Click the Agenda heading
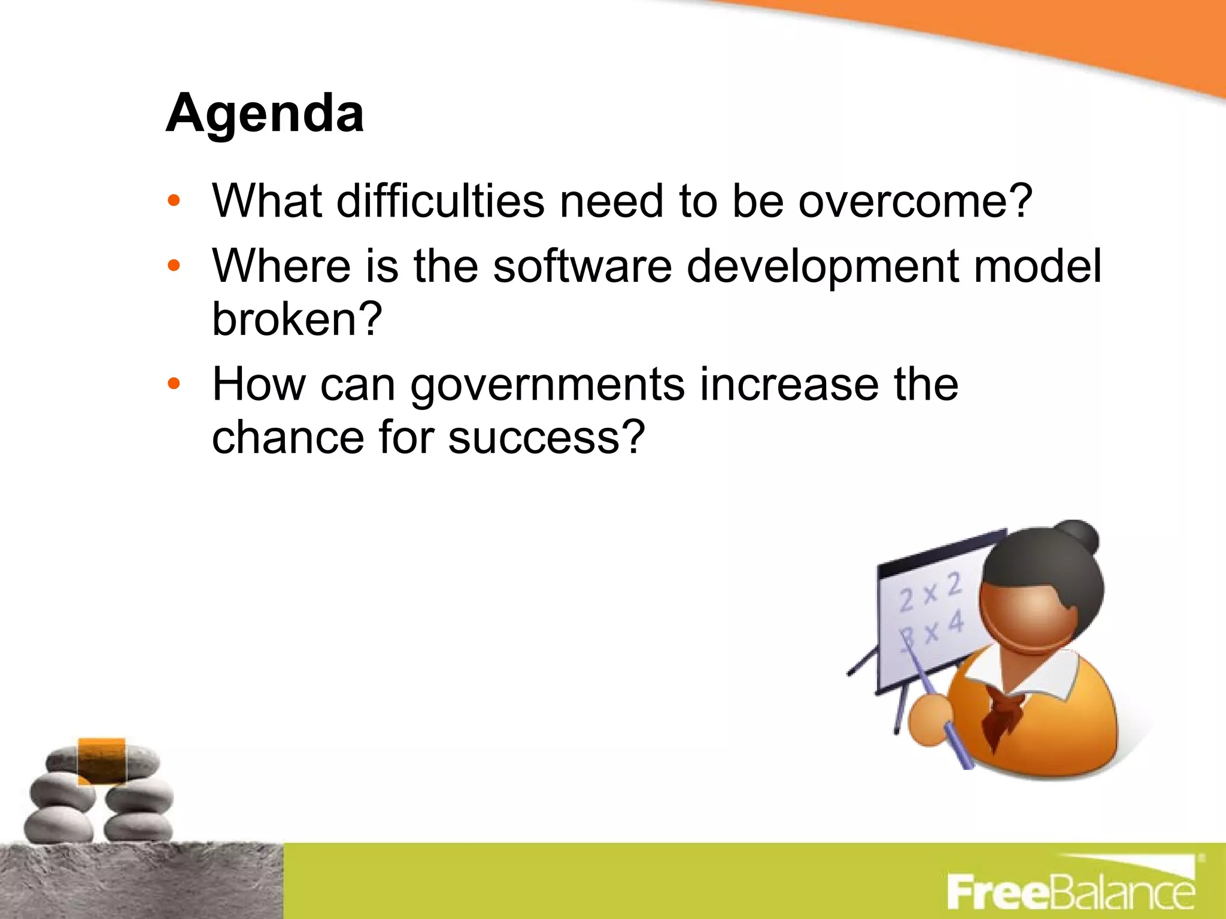click(x=265, y=114)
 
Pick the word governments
click(x=547, y=386)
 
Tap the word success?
click(x=547, y=437)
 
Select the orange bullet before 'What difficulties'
click(x=174, y=201)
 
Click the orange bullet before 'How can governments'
click(x=174, y=384)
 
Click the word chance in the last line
click(x=288, y=437)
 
